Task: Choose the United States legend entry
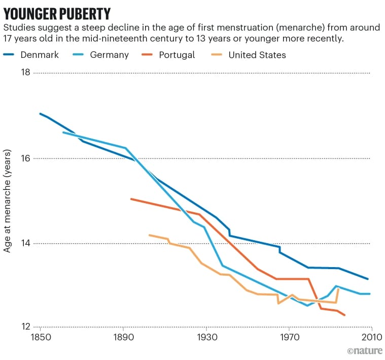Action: point(257,55)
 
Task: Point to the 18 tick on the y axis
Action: point(24,73)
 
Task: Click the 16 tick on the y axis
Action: point(24,158)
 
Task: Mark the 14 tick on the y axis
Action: point(24,243)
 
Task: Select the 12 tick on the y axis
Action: point(24,326)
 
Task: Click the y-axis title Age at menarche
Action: point(8,201)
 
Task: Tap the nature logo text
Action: point(363,351)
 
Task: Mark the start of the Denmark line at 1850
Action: point(40,113)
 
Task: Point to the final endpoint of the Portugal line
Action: point(345,315)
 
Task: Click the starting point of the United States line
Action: point(149,235)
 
